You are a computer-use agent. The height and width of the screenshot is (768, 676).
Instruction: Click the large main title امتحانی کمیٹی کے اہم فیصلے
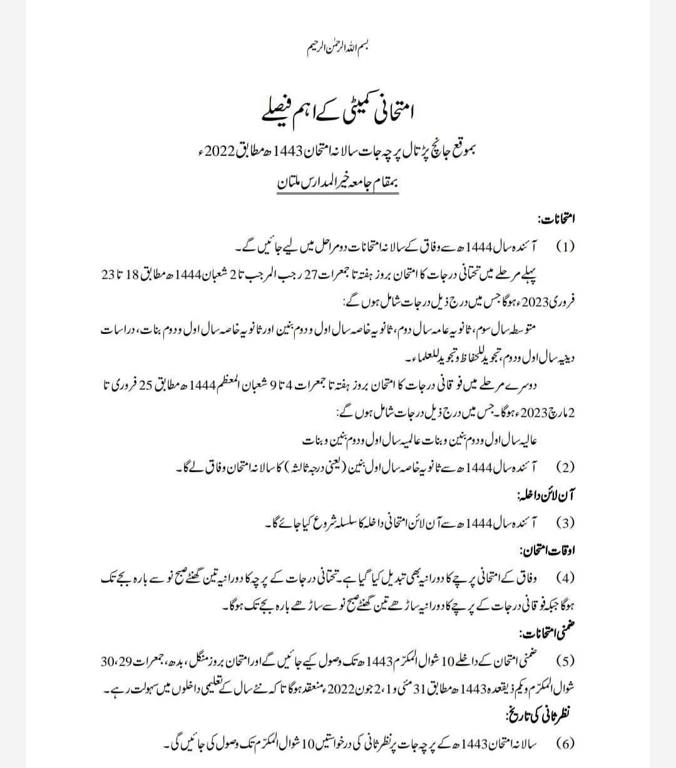(x=338, y=112)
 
